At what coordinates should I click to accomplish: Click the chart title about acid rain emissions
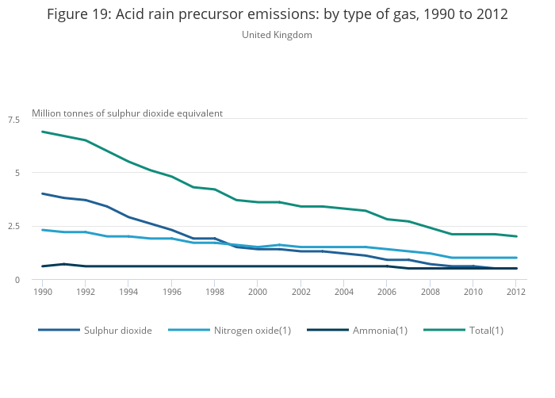coord(277,15)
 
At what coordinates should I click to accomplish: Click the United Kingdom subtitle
coord(277,35)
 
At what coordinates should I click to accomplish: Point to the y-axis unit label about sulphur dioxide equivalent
coord(127,113)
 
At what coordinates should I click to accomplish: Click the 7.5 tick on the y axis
coord(13,119)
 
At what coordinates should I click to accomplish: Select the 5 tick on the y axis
coord(17,173)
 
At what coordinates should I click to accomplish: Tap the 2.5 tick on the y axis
coord(13,226)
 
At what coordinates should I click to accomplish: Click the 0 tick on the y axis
coord(17,280)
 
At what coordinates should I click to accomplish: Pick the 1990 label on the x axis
coord(42,293)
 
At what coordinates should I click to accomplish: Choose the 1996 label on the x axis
coord(171,293)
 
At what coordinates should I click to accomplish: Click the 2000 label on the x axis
coord(258,293)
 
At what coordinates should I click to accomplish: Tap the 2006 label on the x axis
coord(387,293)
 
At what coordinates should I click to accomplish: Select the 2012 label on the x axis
coord(516,293)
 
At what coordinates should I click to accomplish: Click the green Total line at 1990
coord(43,132)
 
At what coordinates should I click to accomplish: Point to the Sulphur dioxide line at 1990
coord(43,193)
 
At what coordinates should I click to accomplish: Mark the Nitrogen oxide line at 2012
coord(516,258)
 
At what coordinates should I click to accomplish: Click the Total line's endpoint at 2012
coord(516,236)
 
